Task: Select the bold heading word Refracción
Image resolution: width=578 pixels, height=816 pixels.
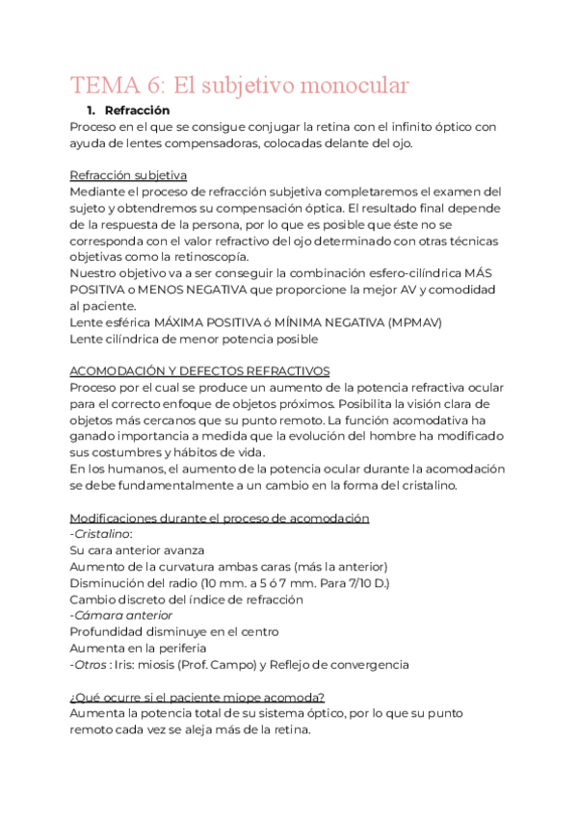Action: [137, 111]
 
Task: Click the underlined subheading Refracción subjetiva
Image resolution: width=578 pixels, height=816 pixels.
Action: [128, 175]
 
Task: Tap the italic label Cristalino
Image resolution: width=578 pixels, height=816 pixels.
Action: [102, 534]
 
